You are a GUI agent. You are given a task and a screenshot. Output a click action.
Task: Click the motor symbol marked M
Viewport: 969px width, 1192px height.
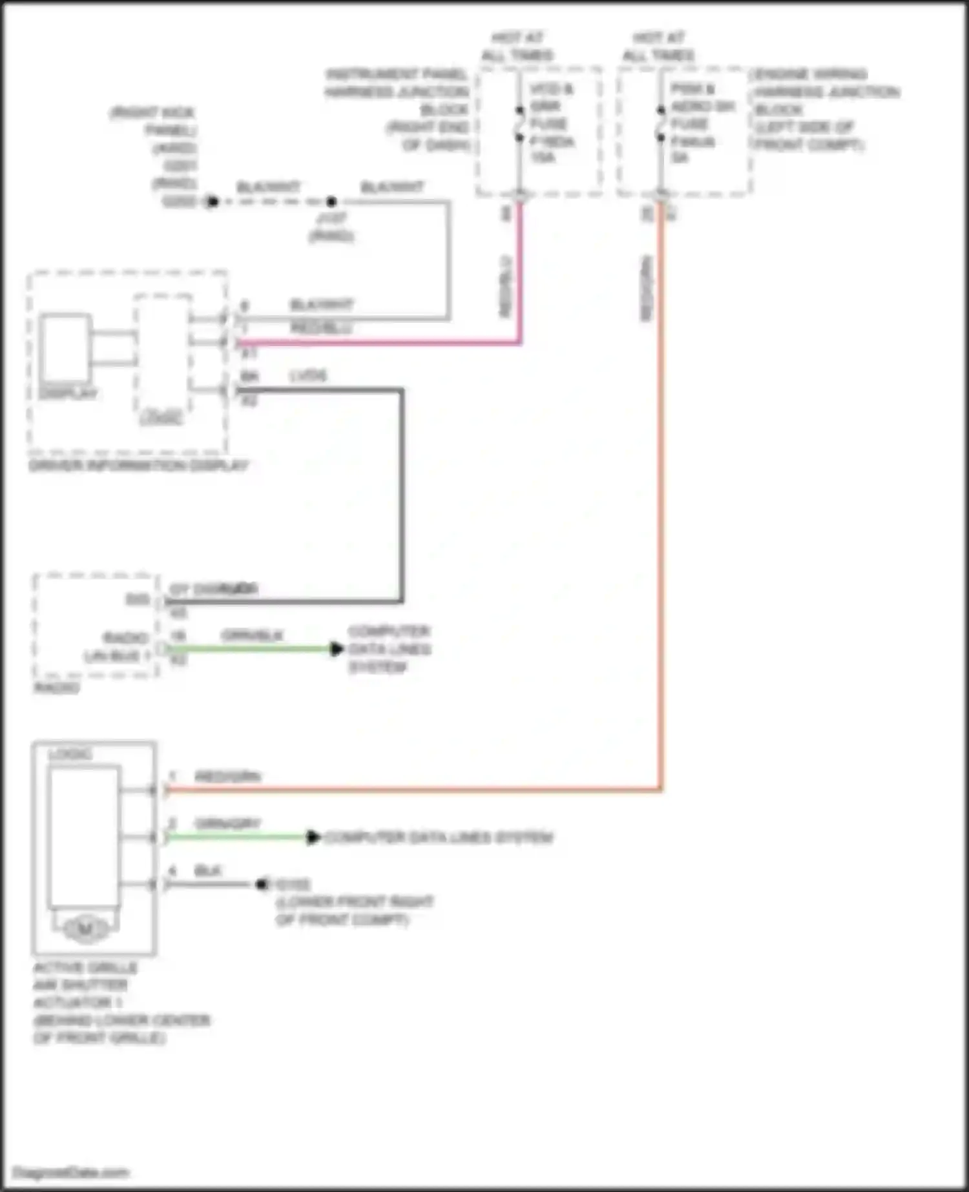[85, 929]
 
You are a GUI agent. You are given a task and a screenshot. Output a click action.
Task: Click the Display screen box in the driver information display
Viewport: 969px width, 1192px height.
[65, 348]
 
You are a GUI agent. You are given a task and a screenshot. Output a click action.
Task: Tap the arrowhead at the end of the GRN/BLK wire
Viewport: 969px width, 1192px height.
[337, 648]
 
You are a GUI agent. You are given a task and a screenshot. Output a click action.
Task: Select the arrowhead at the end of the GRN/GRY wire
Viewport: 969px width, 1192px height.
[313, 837]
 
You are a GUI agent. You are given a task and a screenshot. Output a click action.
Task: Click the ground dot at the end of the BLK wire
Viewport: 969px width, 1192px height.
[262, 884]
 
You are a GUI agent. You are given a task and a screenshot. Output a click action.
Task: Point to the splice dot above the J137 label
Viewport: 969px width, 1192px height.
[331, 201]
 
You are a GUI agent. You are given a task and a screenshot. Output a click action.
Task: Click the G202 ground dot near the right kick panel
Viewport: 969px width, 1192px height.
[212, 201]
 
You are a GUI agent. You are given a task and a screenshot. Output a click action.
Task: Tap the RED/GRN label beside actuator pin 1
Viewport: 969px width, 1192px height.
[227, 776]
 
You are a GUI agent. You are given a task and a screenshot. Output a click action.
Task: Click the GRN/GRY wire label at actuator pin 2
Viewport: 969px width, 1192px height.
[227, 823]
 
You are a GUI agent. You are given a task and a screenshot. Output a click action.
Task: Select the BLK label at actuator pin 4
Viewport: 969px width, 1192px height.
[207, 870]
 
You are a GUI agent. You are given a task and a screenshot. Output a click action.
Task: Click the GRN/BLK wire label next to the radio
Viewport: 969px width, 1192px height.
[252, 635]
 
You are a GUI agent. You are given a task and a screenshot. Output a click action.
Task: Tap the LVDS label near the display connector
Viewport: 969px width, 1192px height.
[308, 376]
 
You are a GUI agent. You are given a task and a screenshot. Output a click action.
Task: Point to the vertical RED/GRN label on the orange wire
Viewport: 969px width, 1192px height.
[647, 288]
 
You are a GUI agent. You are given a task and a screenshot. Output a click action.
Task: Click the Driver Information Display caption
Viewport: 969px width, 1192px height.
[138, 466]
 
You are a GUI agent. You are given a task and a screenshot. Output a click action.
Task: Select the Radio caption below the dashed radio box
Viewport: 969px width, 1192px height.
[57, 688]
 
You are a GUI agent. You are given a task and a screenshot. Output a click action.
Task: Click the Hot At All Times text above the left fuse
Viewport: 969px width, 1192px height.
[517, 46]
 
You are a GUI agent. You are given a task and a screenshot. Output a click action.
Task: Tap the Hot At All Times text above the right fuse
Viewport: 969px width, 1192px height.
[658, 46]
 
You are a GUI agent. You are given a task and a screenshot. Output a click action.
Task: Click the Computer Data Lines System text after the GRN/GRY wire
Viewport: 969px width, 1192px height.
[439, 837]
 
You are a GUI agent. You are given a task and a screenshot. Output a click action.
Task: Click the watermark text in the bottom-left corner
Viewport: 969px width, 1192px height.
[71, 1173]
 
